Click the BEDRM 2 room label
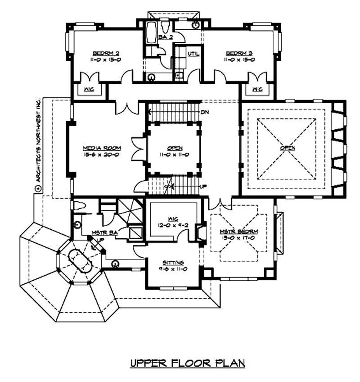(106, 52)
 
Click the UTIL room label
(193, 54)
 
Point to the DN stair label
(205, 112)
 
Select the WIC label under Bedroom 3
(257, 89)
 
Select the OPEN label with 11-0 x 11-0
(174, 148)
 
